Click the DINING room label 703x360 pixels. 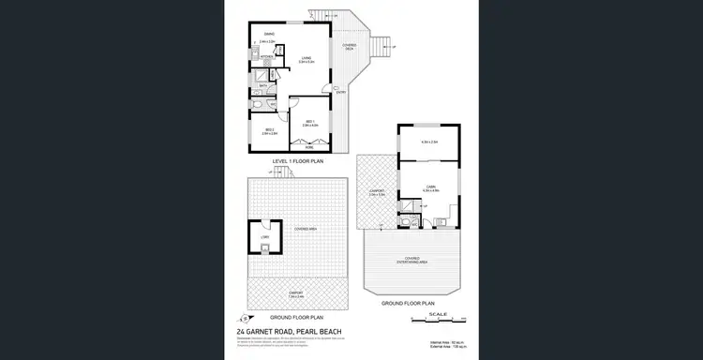pos(268,35)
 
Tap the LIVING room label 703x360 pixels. pos(306,57)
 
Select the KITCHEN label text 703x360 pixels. pos(266,57)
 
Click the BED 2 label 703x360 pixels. pos(268,130)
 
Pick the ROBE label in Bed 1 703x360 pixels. pos(309,148)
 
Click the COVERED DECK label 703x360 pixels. pos(349,48)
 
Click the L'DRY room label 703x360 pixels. pos(265,237)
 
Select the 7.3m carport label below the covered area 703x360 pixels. pos(294,295)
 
